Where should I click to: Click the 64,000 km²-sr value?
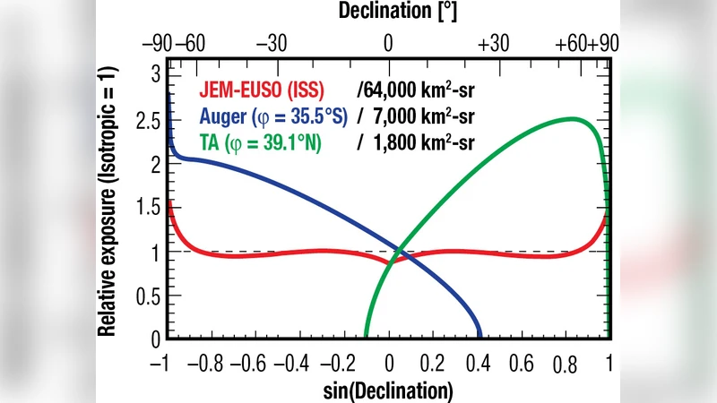pyautogui.click(x=415, y=90)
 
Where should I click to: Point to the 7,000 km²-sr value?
pyautogui.click(x=419, y=116)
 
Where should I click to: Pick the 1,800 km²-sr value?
pyautogui.click(x=419, y=141)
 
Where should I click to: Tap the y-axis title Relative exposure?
pyautogui.click(x=107, y=201)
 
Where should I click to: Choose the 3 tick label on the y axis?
pyautogui.click(x=154, y=73)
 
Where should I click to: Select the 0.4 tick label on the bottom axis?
pyautogui.click(x=478, y=365)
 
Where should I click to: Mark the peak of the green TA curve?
pyautogui.click(x=570, y=118)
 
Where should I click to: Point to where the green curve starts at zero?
pyautogui.click(x=367, y=338)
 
